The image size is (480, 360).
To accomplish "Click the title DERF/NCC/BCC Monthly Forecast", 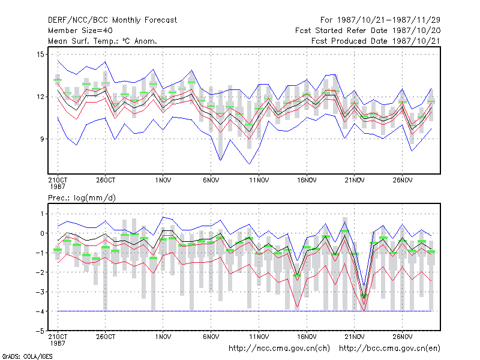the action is coord(112,20).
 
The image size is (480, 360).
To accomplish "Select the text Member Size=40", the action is coord(80,31).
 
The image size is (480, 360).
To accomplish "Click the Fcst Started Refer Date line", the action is coord(368,31).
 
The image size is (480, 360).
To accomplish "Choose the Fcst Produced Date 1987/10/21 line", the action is coord(376,41).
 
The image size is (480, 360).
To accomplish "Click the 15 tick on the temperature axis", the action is coord(40,55).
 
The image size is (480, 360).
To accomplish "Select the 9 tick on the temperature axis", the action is coord(42,139).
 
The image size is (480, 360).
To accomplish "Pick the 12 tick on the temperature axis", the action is coord(40,97).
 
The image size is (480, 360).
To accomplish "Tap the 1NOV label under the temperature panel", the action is coord(163,181).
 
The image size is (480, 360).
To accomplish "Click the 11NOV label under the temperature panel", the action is coord(259,181).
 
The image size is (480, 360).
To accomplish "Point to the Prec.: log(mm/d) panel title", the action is coord(82,198).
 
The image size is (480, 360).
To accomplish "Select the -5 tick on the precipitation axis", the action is coord(40,331).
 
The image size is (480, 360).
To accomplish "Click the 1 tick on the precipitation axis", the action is coord(42,214).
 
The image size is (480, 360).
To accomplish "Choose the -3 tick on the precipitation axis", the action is coord(40,292).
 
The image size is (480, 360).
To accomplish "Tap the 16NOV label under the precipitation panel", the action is coord(307,337).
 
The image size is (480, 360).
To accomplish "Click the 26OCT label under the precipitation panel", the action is coord(106,337).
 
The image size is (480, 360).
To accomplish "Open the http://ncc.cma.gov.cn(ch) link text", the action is coord(279,349).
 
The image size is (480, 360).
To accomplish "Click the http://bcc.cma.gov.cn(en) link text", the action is coord(389,349).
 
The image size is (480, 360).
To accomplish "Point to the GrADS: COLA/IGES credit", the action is coord(27,356).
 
